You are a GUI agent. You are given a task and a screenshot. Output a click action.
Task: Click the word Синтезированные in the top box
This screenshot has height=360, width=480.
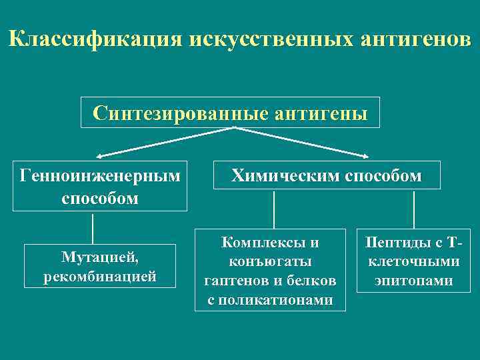181,113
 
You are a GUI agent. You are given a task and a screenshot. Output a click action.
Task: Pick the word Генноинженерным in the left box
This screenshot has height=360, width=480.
100,176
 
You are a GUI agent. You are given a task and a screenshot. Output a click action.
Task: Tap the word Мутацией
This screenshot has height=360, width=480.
100,257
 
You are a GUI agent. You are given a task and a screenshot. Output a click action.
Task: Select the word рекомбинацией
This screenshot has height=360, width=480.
100,275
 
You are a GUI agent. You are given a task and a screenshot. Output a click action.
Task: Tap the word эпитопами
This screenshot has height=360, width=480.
414,281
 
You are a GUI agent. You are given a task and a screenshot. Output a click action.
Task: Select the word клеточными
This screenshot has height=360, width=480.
414,261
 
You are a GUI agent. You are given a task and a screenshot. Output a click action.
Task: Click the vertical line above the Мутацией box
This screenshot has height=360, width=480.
93,228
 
